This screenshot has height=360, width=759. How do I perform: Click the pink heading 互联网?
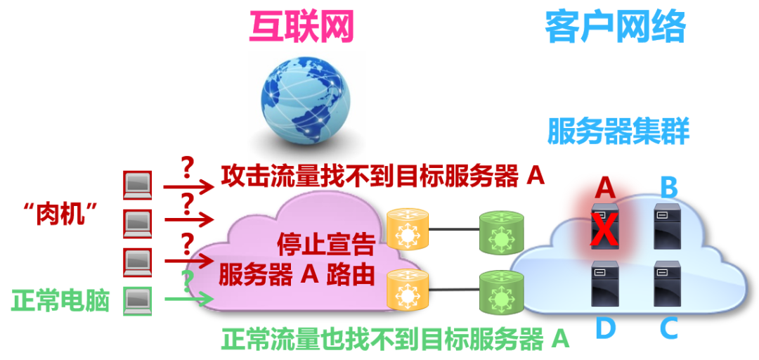point(301,27)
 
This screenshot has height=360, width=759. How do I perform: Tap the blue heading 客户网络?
point(615,27)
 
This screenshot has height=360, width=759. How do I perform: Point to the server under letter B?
point(668,226)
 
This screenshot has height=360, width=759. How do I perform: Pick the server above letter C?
point(668,283)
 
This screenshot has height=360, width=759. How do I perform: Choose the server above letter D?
point(605,283)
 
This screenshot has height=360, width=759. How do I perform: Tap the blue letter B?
point(668,188)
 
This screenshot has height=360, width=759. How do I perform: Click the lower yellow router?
point(408,289)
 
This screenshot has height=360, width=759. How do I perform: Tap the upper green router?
point(500,231)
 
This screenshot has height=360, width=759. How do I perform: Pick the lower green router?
point(500,292)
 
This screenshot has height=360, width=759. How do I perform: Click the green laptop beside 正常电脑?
point(138,302)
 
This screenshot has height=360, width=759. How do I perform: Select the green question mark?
point(188,282)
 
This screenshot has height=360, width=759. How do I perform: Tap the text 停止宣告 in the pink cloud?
point(326,245)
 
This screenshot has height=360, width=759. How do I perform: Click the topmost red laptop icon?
point(138,185)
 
